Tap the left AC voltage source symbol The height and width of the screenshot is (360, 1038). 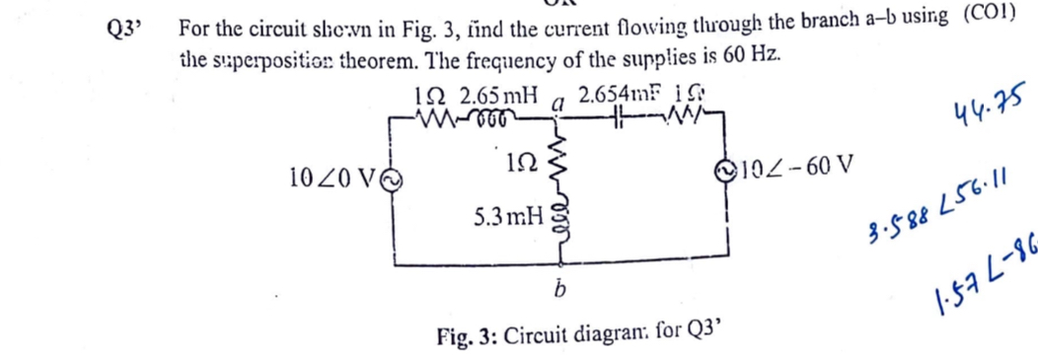tap(392, 180)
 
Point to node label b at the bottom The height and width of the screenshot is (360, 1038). tap(557, 295)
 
